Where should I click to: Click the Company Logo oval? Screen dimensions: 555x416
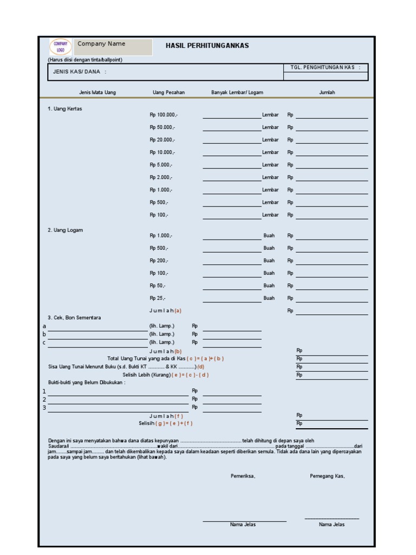[60, 47]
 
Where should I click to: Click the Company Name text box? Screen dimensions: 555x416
[114, 47]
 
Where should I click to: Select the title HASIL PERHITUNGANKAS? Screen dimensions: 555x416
[207, 46]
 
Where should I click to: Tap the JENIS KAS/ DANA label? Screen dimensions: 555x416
[80, 72]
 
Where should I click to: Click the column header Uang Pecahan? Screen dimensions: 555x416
[168, 93]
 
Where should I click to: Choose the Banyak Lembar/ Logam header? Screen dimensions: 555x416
[237, 93]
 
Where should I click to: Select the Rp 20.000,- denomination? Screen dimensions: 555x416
[162, 140]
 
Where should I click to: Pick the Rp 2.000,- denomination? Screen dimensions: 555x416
[161, 177]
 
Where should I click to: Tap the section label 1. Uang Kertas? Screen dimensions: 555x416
[65, 108]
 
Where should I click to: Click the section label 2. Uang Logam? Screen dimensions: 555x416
[65, 230]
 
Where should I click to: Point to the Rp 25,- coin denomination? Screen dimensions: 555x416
[158, 298]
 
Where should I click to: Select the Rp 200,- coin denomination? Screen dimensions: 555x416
[159, 261]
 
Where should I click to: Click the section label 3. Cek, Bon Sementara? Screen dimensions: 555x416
[74, 318]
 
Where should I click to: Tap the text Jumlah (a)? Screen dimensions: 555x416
[165, 311]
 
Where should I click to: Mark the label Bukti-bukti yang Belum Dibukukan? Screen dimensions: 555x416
[87, 383]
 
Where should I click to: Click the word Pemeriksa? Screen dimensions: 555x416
[243, 476]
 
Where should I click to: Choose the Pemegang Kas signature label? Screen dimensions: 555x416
[327, 476]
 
